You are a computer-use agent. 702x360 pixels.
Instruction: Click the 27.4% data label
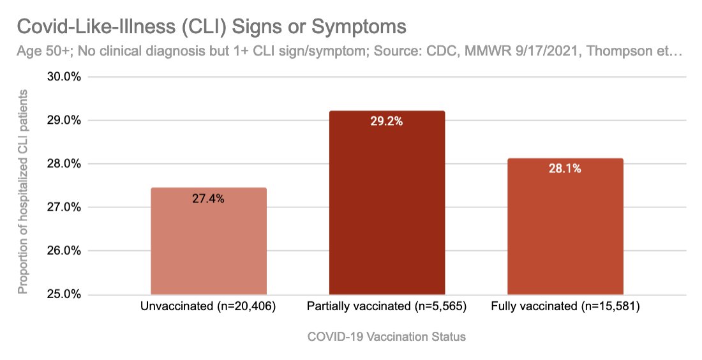pos(208,199)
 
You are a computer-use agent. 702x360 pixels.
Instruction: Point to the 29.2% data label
pos(387,121)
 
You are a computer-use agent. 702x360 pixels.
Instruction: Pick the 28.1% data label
pos(565,169)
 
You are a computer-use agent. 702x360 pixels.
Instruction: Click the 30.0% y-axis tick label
pos(62,77)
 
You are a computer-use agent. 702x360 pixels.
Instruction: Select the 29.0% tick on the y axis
pos(62,121)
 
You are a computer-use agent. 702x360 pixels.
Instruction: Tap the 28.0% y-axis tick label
pos(62,164)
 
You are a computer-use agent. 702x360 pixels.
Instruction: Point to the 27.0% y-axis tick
pos(62,207)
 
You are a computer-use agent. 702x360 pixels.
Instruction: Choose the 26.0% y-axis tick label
pos(62,251)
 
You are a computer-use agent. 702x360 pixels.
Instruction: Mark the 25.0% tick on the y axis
pos(62,294)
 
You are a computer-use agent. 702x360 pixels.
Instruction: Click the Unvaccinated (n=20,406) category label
pos(208,307)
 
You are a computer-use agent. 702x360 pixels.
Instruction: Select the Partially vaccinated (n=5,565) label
pos(387,307)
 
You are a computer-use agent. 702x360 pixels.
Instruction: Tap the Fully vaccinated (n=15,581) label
pos(565,307)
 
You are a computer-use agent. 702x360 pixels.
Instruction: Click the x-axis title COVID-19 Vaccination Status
pos(387,337)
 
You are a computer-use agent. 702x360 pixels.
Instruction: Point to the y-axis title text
pos(24,191)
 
